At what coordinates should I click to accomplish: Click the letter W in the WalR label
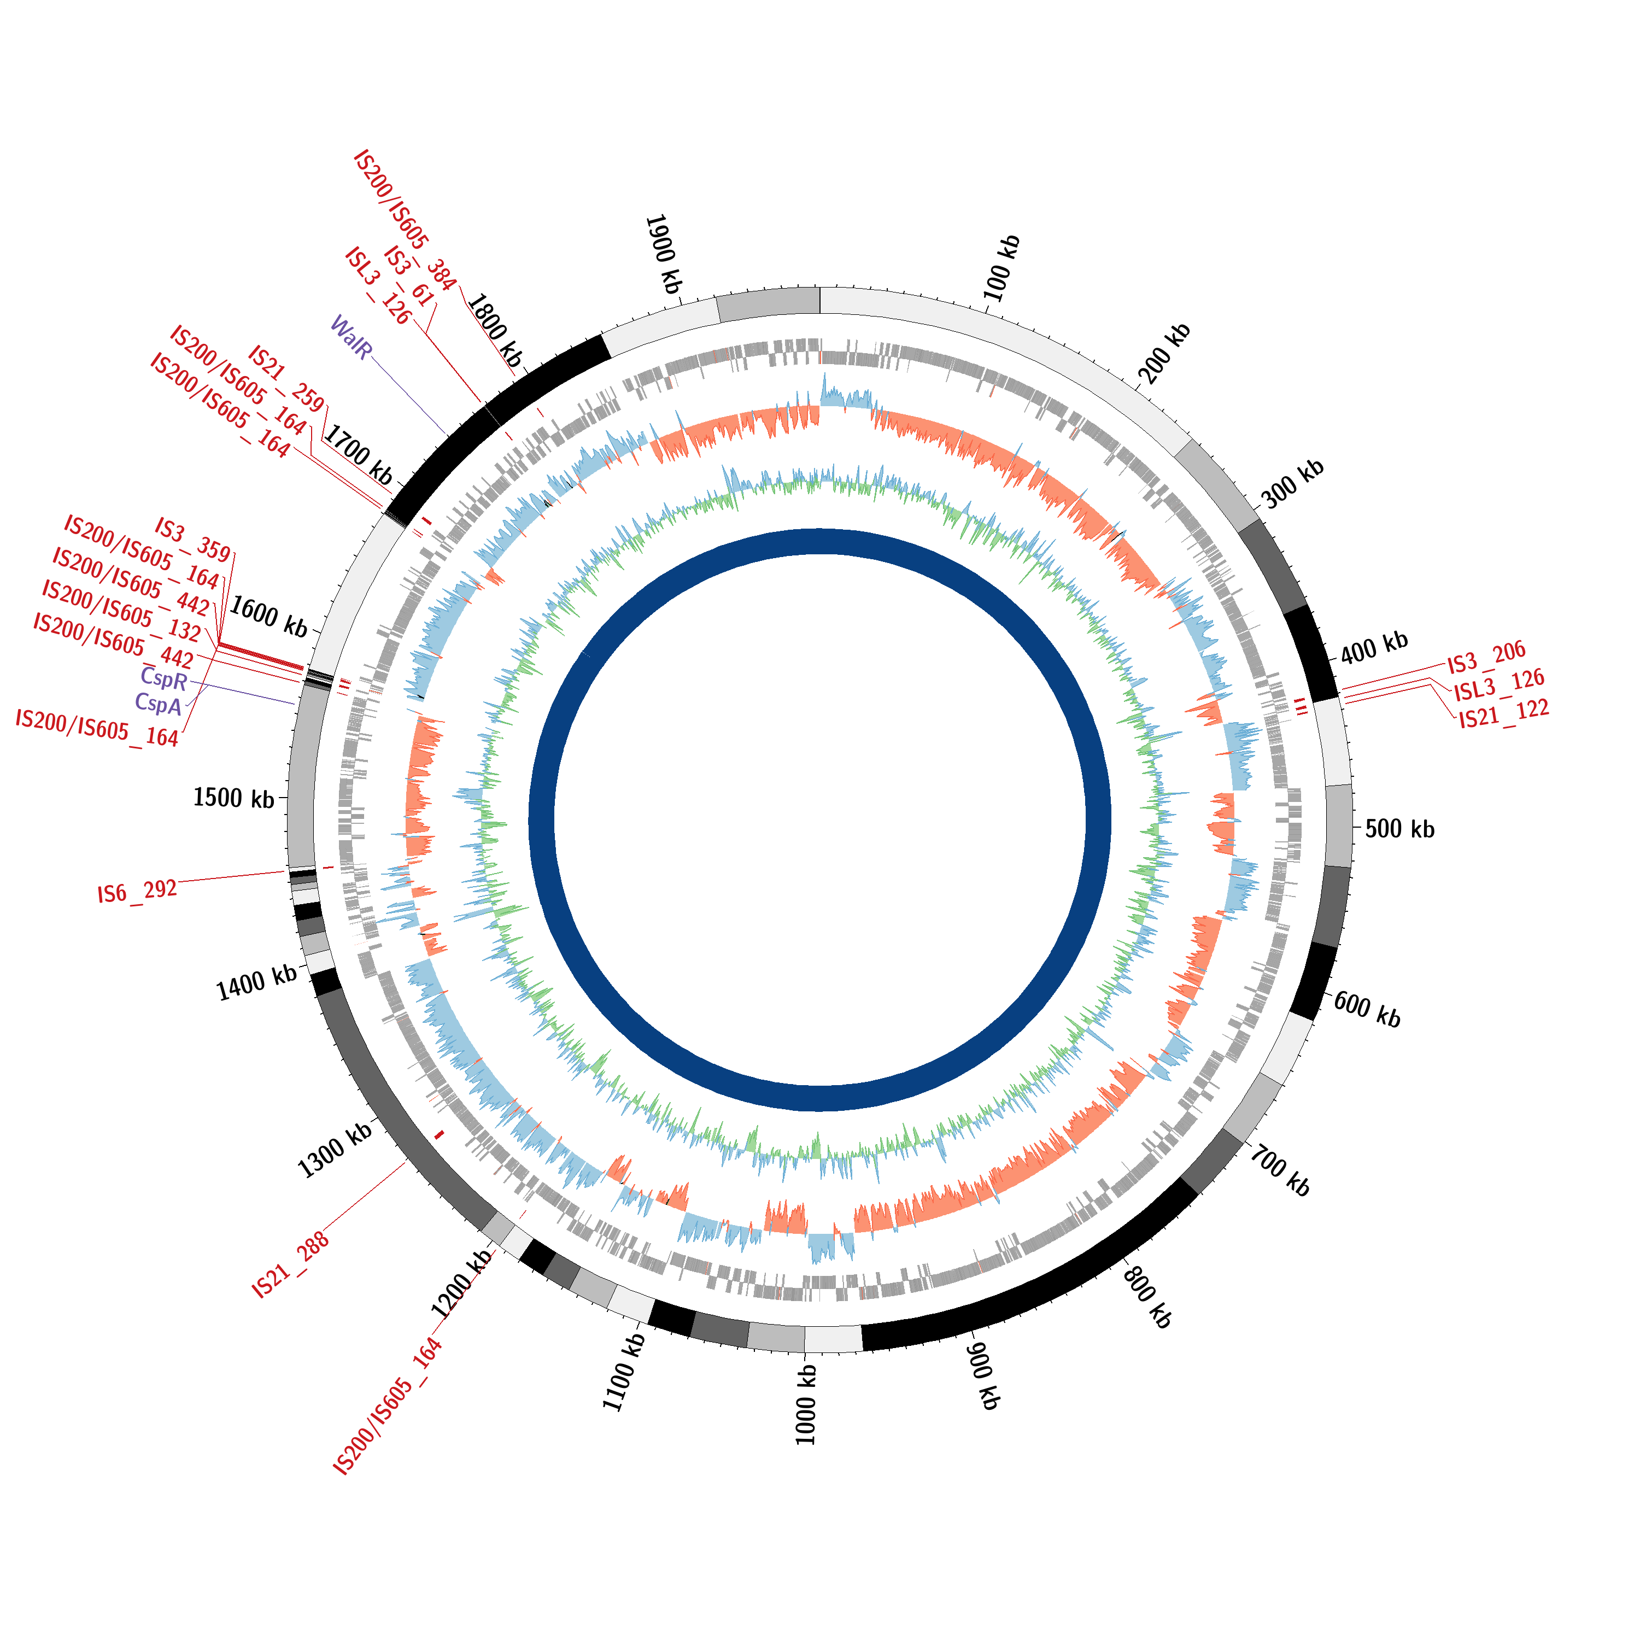(339, 324)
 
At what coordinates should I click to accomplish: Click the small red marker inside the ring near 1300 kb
(439, 1135)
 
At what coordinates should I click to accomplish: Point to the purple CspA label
(158, 704)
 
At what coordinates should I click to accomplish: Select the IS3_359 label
(192, 540)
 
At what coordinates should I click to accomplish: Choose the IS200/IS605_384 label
(405, 221)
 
